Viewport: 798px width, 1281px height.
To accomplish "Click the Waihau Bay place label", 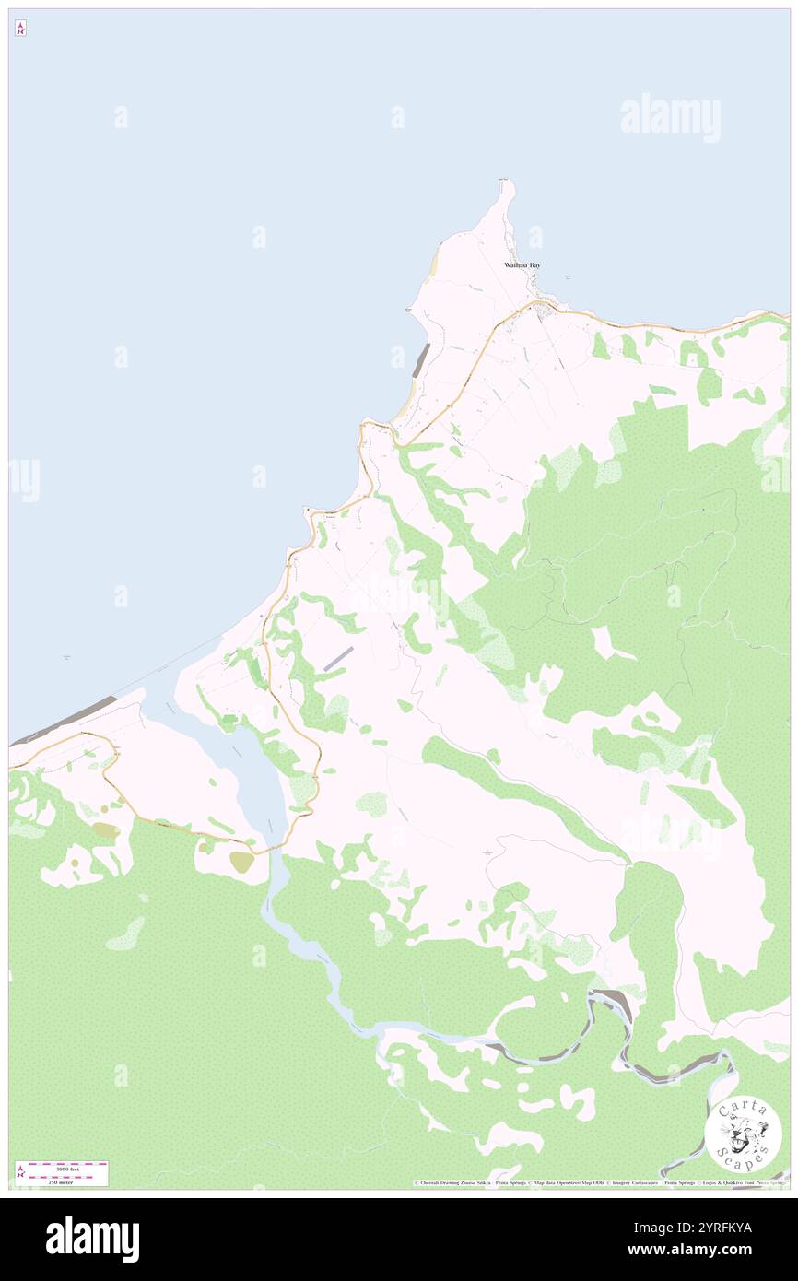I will coord(522,265).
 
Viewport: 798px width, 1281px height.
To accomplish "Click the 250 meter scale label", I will coord(62,1181).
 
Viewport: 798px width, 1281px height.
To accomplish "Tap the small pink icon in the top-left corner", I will coord(20,29).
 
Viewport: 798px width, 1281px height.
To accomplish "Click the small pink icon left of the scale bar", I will coord(20,1172).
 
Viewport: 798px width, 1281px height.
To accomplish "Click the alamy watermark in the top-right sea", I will coord(670,118).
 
